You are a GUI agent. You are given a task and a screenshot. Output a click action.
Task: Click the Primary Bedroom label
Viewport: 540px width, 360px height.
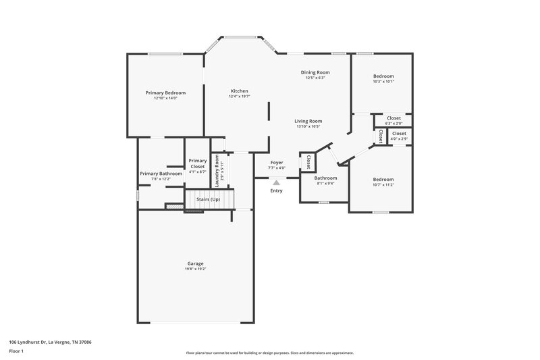[165, 93]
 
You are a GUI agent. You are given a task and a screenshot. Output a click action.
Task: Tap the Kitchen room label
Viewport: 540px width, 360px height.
[239, 91]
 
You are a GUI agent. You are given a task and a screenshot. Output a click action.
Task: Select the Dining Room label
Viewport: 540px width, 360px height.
[315, 72]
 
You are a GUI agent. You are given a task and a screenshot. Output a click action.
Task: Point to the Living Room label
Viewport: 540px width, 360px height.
[308, 121]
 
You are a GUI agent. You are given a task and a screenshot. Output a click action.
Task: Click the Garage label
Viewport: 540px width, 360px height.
[195, 263]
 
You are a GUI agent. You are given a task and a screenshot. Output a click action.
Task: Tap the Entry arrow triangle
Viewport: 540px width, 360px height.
[276, 182]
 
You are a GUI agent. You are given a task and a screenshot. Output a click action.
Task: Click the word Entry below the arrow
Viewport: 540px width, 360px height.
[277, 191]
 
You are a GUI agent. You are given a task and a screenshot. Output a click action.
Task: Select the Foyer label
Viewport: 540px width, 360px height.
[277, 162]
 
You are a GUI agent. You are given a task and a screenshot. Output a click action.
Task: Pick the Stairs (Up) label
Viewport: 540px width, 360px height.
[208, 200]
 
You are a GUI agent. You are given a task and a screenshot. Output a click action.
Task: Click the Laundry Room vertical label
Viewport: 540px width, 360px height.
[217, 171]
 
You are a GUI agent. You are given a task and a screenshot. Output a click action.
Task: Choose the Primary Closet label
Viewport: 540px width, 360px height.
[197, 163]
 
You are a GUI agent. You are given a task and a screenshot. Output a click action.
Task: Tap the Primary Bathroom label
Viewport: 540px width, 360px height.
[161, 174]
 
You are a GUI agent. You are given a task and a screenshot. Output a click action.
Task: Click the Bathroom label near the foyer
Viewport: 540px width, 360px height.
[325, 178]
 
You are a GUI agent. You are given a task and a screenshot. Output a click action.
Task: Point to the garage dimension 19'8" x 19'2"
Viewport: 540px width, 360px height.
[195, 269]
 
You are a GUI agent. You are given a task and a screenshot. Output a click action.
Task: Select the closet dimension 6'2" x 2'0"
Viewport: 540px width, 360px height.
[394, 124]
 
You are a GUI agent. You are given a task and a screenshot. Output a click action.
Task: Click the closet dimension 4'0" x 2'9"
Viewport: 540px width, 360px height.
[399, 138]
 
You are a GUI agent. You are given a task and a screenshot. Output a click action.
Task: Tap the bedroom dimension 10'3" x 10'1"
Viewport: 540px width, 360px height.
[383, 82]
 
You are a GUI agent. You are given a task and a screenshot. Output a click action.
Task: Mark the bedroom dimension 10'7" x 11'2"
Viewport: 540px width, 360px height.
[383, 184]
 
